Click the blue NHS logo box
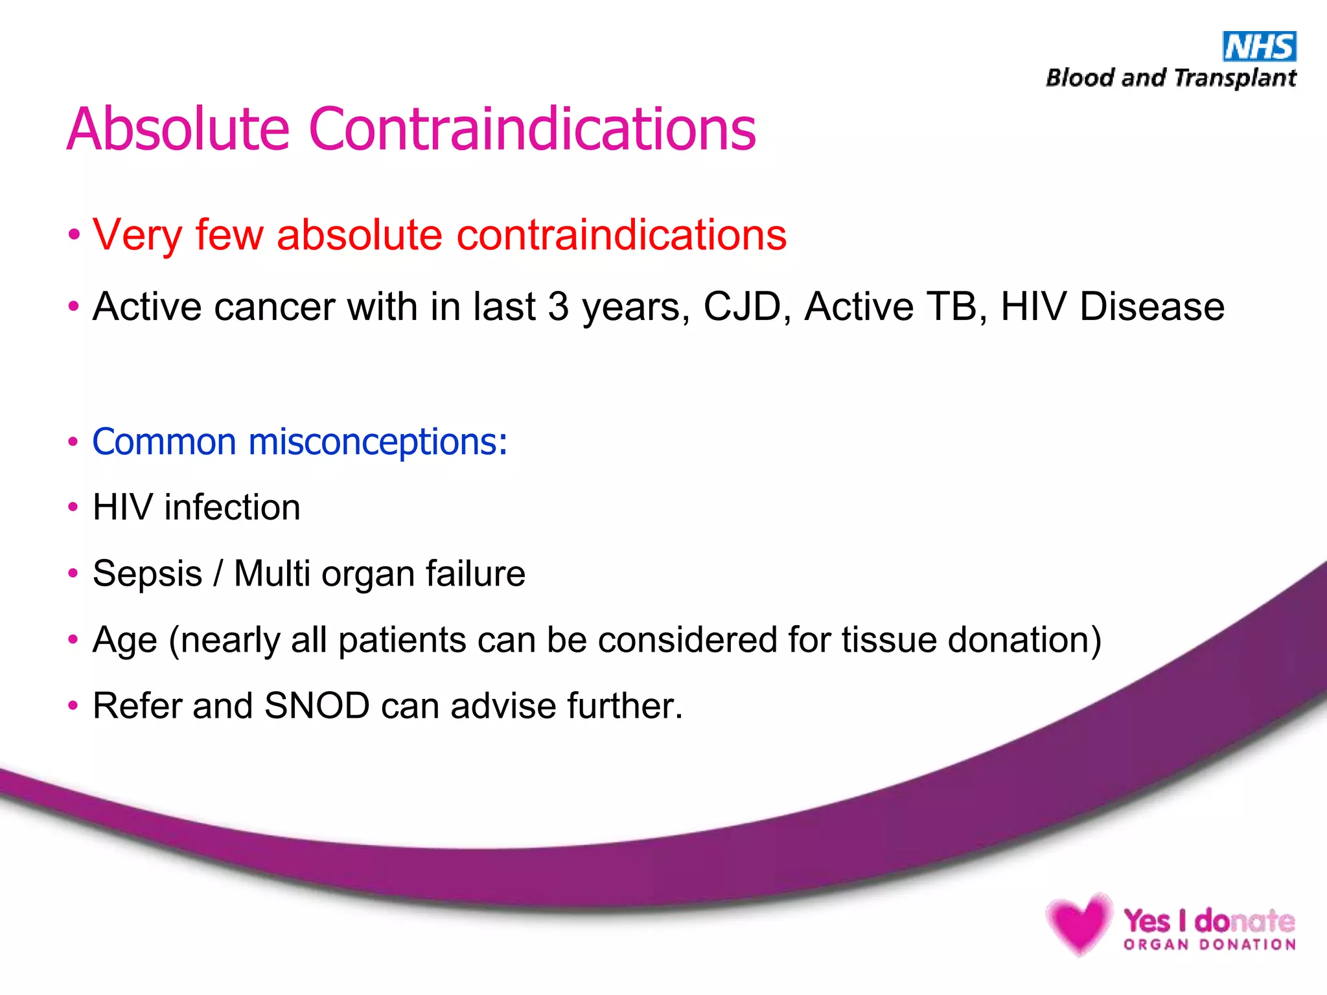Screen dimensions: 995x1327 click(1259, 47)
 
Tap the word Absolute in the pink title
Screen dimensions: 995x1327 click(178, 130)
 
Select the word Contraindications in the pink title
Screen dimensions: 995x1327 click(532, 130)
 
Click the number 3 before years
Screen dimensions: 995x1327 click(558, 306)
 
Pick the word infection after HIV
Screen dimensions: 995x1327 click(232, 507)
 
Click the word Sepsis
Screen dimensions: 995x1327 click(147, 574)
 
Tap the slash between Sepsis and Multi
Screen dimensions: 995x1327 click(218, 574)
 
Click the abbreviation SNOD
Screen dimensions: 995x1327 click(317, 706)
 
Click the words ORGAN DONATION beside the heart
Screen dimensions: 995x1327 click(1210, 945)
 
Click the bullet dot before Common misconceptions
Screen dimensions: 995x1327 click(73, 442)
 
